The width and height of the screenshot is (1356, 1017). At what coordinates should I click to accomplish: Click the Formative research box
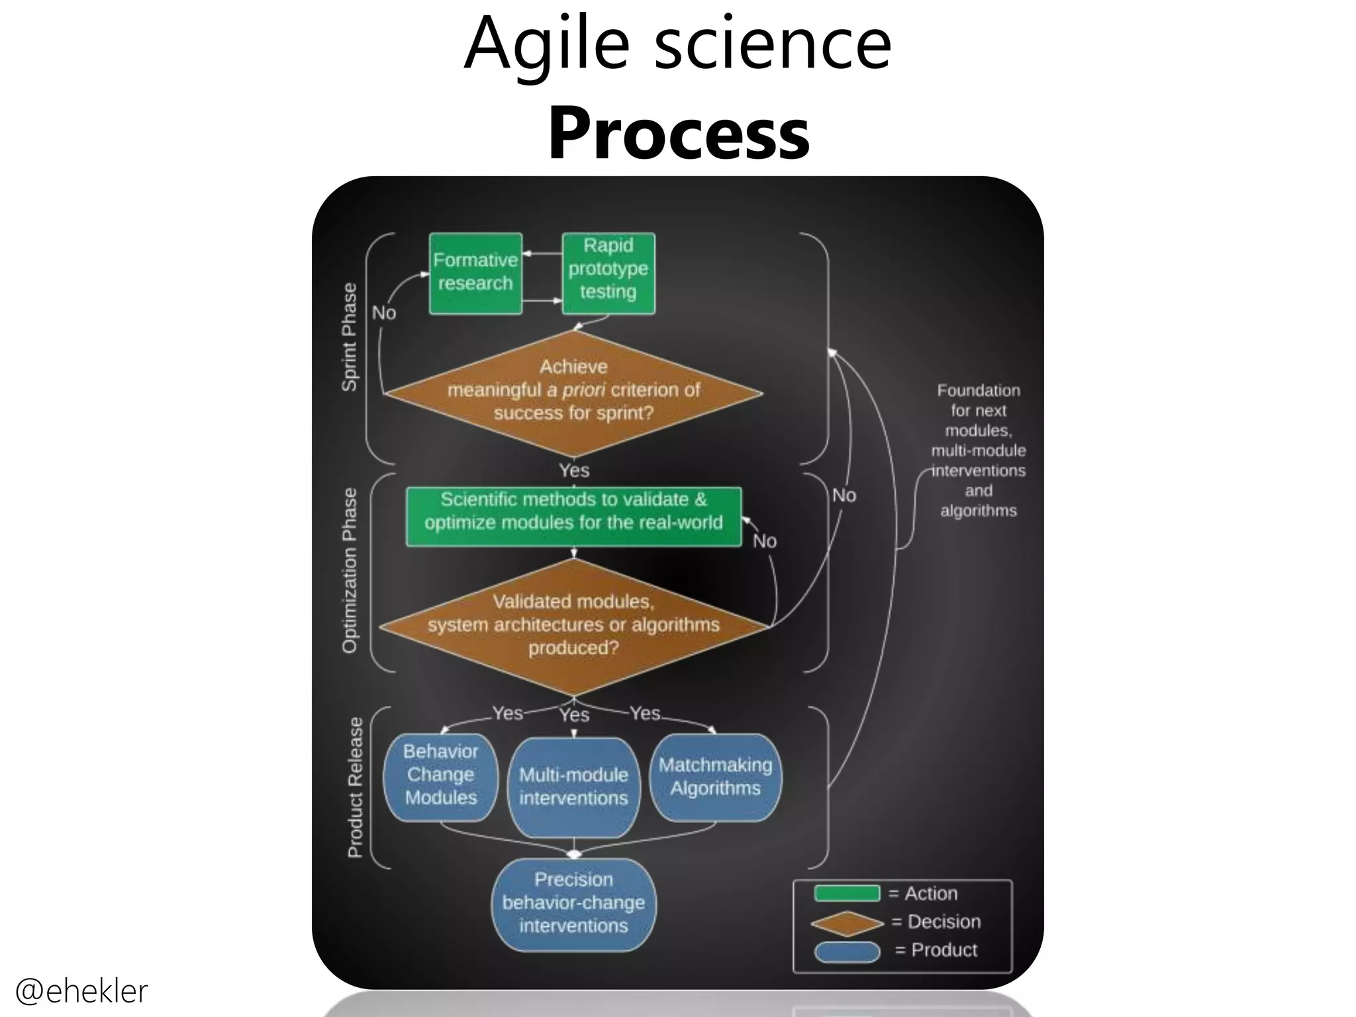click(x=475, y=273)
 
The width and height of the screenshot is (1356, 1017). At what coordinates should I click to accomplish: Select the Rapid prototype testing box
click(x=608, y=273)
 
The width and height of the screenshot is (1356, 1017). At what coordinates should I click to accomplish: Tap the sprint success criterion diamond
click(x=573, y=393)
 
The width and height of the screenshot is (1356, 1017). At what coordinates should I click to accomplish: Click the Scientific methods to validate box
click(x=573, y=516)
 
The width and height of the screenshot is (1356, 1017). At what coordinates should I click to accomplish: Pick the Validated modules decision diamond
click(x=573, y=626)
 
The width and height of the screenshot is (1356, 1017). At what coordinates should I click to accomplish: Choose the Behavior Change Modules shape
click(x=440, y=776)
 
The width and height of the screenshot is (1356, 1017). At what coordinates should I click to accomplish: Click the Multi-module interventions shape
click(x=573, y=787)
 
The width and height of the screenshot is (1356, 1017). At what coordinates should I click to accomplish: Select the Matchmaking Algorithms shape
click(x=715, y=777)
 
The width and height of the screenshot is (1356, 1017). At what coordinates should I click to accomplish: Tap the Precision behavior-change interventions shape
click(x=573, y=903)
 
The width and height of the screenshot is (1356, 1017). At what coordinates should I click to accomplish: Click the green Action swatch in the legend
click(x=847, y=893)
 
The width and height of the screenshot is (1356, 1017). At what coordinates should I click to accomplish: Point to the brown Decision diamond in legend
click(x=847, y=923)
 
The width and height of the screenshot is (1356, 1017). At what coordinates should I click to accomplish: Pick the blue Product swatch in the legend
click(x=847, y=951)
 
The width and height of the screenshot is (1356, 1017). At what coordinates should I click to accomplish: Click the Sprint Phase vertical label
click(x=349, y=338)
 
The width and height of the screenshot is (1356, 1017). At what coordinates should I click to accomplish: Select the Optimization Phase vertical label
click(x=349, y=571)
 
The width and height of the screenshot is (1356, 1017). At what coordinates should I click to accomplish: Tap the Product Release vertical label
click(x=355, y=788)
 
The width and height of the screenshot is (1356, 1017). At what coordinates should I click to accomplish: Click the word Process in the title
click(x=678, y=134)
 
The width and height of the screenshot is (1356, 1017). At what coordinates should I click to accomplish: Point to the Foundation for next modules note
click(x=978, y=450)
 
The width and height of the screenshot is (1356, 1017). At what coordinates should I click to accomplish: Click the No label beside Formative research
click(x=384, y=313)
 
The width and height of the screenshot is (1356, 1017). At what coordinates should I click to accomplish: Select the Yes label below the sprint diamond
click(x=573, y=470)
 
